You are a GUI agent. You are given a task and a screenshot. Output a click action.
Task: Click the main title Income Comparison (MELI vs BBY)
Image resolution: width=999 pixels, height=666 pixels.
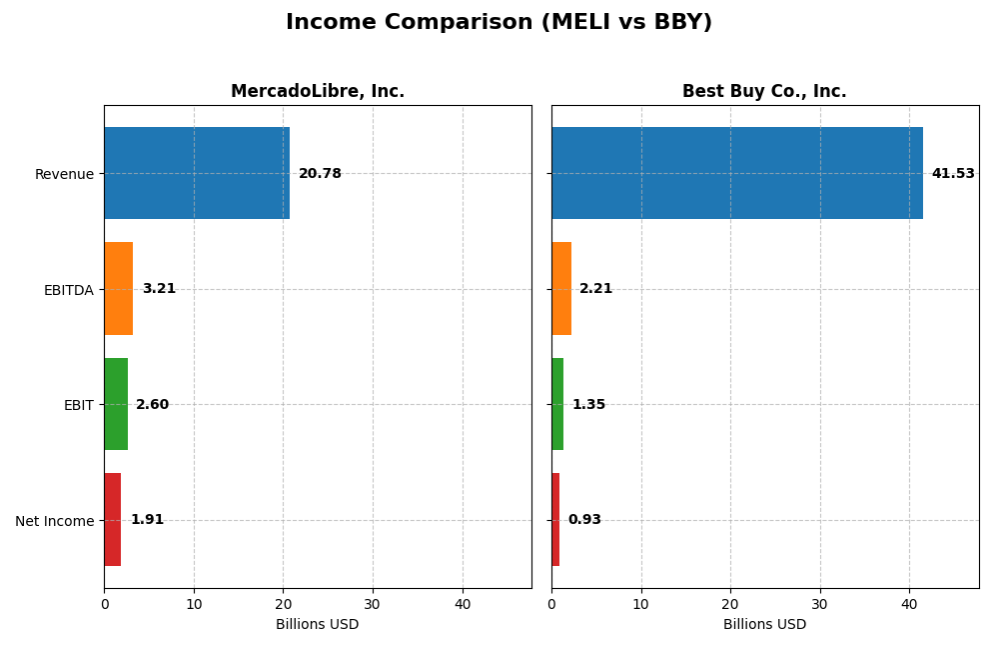[x=499, y=22]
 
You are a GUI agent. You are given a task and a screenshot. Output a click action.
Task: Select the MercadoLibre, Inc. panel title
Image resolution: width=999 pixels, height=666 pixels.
[x=318, y=91]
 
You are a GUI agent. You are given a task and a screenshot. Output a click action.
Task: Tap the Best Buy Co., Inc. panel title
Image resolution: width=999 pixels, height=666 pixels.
[x=764, y=91]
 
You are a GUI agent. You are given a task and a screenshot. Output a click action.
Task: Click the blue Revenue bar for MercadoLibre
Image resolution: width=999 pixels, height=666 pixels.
[x=197, y=173]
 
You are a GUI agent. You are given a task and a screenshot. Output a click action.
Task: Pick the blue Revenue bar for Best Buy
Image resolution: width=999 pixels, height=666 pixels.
[x=736, y=173]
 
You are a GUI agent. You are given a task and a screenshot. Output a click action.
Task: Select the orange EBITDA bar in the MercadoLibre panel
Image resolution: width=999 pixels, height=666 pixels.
[x=118, y=289]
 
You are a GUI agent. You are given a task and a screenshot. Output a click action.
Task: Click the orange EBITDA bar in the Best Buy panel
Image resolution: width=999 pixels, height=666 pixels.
[x=560, y=289]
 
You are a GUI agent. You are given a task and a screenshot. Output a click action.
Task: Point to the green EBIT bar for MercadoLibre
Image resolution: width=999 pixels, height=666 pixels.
[x=116, y=404]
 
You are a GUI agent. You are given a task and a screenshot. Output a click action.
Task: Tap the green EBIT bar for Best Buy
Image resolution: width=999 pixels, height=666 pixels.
[x=557, y=404]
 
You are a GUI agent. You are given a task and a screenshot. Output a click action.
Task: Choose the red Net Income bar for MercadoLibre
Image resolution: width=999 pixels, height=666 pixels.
[x=112, y=520]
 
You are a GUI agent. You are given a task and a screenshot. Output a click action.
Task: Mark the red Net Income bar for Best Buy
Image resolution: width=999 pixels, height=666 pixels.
[x=555, y=520]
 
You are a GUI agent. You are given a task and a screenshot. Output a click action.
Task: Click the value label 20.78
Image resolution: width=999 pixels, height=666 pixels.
[x=320, y=174]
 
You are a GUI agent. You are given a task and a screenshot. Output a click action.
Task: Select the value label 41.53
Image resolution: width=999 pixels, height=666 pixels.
[x=953, y=174]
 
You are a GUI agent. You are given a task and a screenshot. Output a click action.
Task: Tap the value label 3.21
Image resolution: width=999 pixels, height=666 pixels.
[x=159, y=289]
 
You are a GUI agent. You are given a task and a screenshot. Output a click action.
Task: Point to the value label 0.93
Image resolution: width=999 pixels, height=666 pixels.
[x=584, y=520]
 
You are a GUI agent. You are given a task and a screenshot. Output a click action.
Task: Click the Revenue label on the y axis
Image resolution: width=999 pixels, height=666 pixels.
[x=64, y=174]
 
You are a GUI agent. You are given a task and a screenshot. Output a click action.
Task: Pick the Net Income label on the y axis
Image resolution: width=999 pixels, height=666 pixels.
[x=54, y=521]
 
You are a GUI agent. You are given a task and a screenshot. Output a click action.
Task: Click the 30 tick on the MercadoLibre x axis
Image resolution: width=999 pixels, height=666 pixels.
[x=373, y=604]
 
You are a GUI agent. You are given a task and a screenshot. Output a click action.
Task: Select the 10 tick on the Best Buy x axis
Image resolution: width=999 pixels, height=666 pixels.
[x=640, y=604]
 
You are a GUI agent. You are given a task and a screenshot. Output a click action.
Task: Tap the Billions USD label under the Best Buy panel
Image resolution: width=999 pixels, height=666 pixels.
[x=764, y=625]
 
